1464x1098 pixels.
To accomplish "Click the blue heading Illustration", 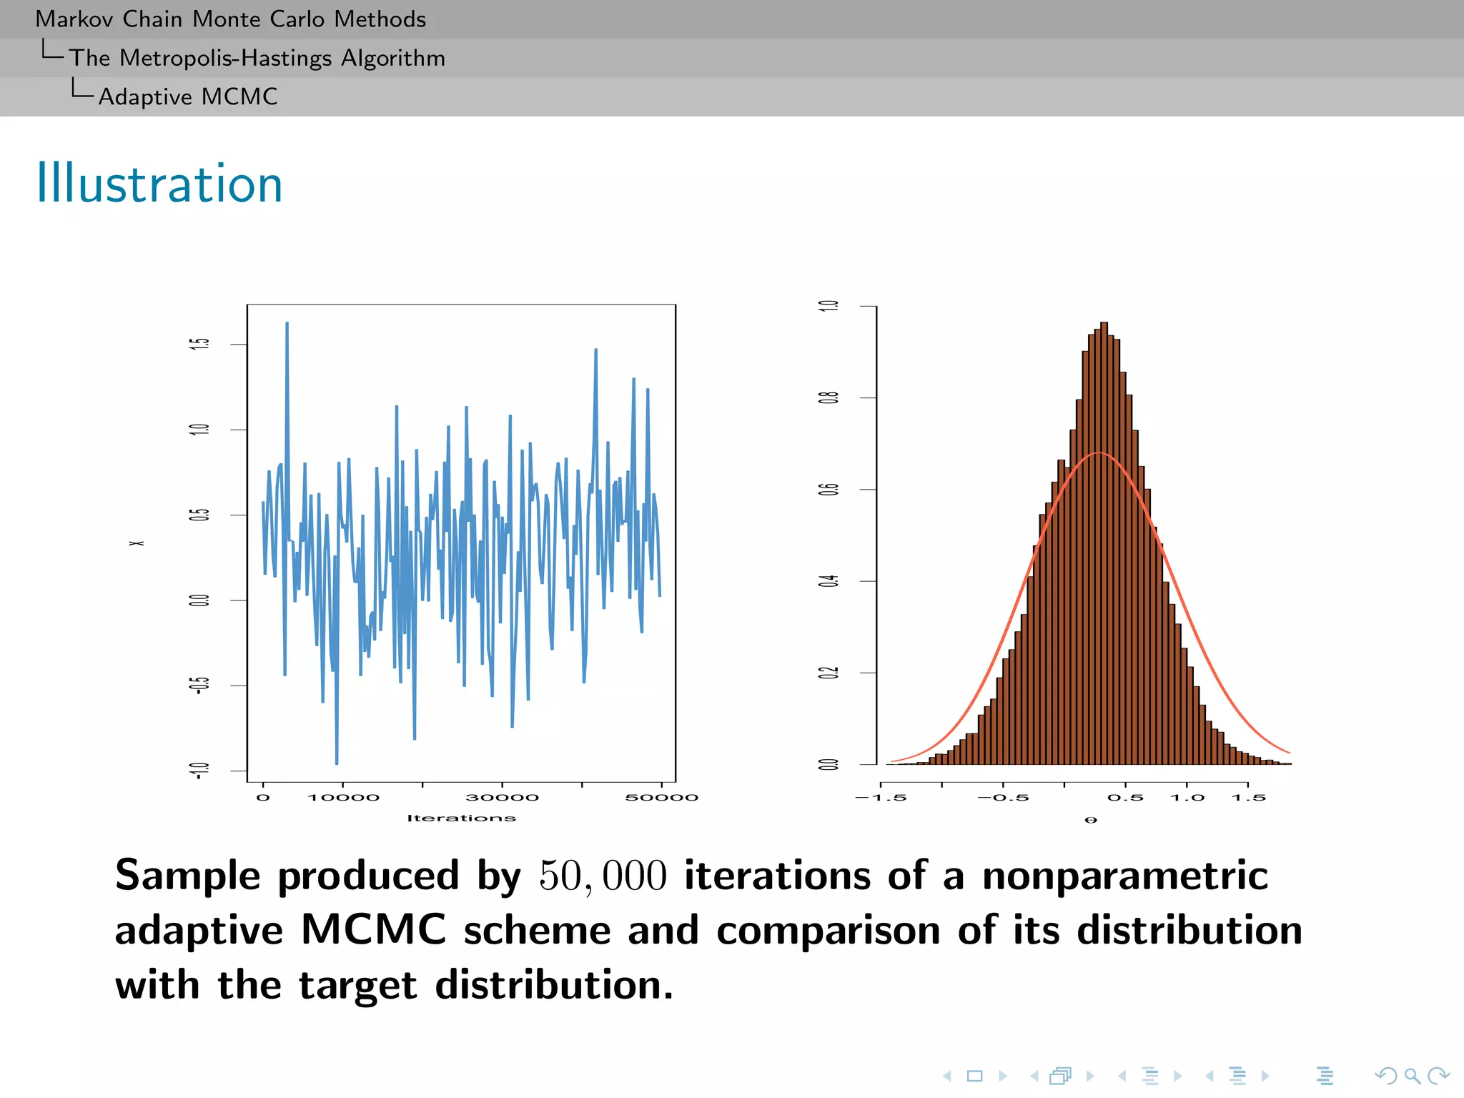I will coord(159,184).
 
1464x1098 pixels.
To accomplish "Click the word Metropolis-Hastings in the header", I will coord(225,58).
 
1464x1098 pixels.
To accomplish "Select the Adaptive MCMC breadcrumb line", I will coord(187,97).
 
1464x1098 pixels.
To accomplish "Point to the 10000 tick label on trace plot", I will coord(343,798).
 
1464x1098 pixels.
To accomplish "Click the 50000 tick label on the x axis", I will coord(661,798).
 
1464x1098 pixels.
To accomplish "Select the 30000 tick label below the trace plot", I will coord(502,798).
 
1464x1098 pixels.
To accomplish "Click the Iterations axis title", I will coord(461,818).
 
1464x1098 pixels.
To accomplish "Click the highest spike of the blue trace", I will coord(287,324).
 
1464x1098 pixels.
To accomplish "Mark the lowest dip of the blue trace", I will coord(337,763).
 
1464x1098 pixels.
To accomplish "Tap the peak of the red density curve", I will coord(1099,453).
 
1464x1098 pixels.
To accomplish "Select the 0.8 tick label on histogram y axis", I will coord(829,397).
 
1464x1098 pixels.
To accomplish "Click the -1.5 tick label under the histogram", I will coord(881,798).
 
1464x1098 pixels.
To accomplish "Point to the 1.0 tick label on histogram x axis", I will coord(1187,798).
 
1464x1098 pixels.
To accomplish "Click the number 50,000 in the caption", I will coord(603,876).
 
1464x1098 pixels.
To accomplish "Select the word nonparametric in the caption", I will coord(1124,876).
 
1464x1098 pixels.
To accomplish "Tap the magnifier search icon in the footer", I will coord(1412,1075).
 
